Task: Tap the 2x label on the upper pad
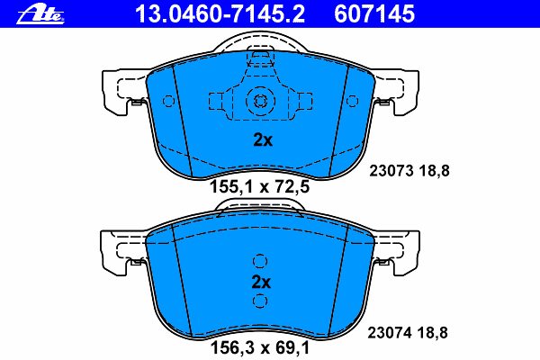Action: tap(261, 139)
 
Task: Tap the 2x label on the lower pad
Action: tap(261, 282)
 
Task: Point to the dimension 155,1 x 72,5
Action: tap(260, 188)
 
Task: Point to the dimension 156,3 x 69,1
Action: tap(260, 346)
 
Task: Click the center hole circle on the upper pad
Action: tap(259, 102)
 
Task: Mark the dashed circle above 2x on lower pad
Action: tap(260, 262)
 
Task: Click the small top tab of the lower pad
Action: tap(259, 207)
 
